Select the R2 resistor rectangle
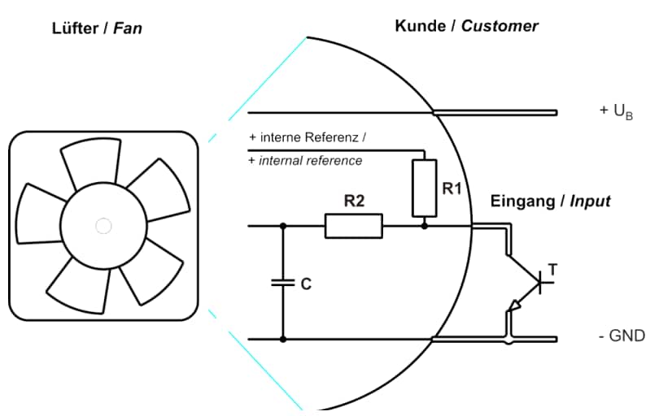353,226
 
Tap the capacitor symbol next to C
283,284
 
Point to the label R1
452,188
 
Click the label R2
353,201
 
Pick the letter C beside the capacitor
306,285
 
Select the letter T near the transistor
553,267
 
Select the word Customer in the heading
500,26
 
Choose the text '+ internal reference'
305,161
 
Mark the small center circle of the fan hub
103,226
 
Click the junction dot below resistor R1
424,226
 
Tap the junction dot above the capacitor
283,226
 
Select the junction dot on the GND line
283,339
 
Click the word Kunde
421,26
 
